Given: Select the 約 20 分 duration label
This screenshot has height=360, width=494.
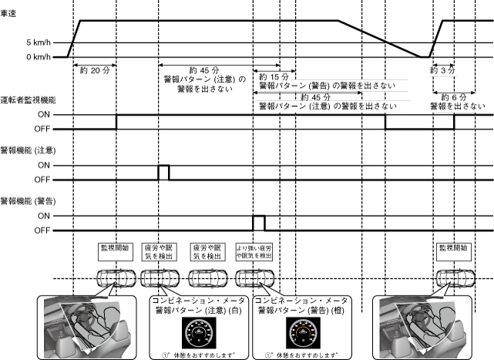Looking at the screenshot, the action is (x=95, y=69).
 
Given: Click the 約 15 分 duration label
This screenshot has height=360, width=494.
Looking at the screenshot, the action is (x=274, y=78).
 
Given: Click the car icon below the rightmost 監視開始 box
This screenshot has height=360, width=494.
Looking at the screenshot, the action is (x=452, y=278).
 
